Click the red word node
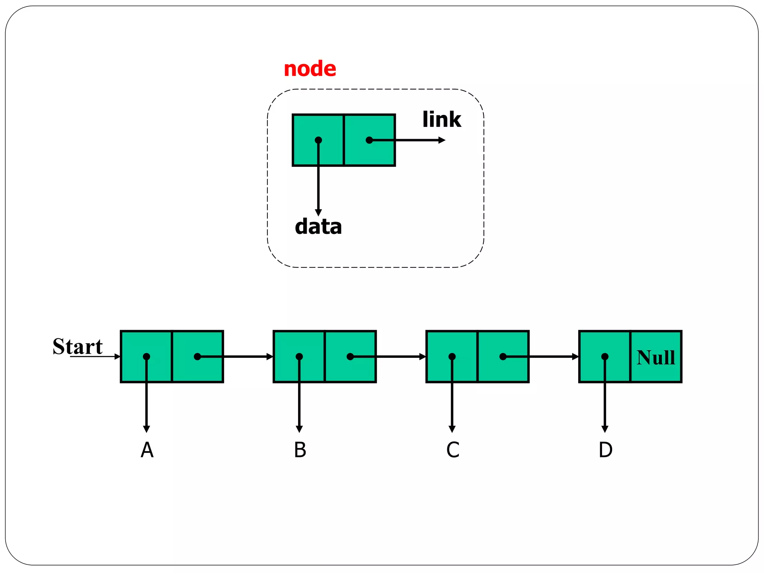click(x=310, y=69)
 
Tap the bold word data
click(x=318, y=227)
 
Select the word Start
click(x=78, y=347)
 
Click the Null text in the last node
click(x=656, y=357)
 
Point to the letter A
click(x=147, y=450)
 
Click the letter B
click(x=300, y=450)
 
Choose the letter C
click(x=453, y=450)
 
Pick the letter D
click(x=605, y=450)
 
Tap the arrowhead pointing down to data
click(x=318, y=212)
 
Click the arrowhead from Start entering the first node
click(x=118, y=357)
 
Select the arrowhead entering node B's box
click(x=270, y=357)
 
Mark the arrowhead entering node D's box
click(x=575, y=357)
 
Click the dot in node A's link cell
click(x=197, y=357)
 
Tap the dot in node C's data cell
click(x=452, y=357)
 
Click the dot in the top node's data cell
click(x=318, y=140)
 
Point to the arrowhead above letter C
click(x=452, y=429)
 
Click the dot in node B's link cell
click(x=350, y=357)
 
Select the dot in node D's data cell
click(x=605, y=357)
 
